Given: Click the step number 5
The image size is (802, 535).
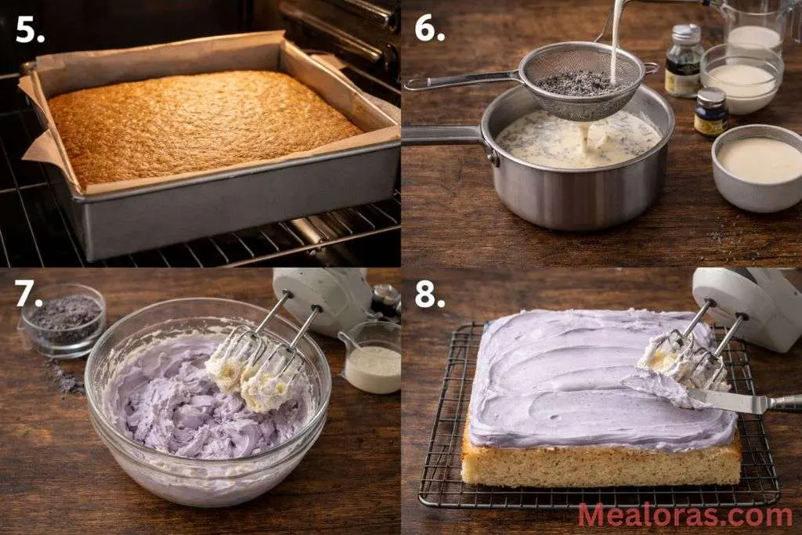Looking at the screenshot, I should tap(30, 30).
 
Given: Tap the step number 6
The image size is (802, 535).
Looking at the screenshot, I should tap(430, 28).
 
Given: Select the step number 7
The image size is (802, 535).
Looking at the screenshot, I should tap(29, 294).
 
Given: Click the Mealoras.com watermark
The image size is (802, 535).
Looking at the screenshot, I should tap(685, 515).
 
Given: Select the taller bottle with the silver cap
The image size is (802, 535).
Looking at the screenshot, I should tap(683, 60).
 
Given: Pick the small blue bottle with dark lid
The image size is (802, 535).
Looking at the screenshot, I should tap(710, 112).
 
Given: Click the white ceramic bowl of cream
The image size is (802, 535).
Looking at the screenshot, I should tap(759, 165).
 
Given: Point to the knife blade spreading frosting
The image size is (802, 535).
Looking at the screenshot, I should tap(728, 401).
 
